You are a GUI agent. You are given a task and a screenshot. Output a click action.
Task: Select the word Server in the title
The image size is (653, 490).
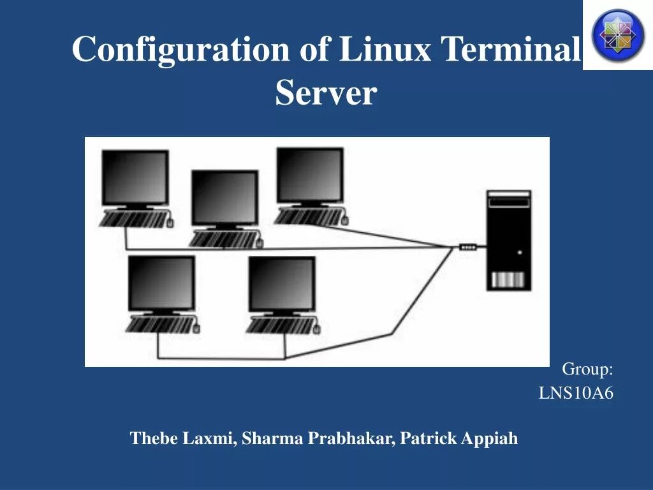326,93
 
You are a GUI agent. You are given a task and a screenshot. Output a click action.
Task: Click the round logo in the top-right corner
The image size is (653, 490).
618,34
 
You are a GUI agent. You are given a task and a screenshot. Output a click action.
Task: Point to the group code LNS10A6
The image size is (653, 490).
576,393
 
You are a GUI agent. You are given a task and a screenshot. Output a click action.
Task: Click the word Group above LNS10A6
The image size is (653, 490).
587,369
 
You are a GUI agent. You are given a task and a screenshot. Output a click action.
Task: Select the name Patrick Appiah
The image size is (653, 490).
459,438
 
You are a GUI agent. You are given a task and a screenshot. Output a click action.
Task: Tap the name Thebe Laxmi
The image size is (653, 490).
183,438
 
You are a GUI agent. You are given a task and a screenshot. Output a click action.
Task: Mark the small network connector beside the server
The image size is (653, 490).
468,247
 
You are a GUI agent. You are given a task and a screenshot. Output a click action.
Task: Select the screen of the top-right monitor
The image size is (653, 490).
309,174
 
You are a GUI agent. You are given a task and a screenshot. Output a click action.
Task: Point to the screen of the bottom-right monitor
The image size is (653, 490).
281,283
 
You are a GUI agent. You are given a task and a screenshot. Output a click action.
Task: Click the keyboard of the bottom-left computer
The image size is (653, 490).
159,325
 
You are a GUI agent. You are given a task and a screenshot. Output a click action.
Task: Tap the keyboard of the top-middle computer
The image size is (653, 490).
223,239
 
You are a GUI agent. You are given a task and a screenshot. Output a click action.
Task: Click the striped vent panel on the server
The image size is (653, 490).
508,279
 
